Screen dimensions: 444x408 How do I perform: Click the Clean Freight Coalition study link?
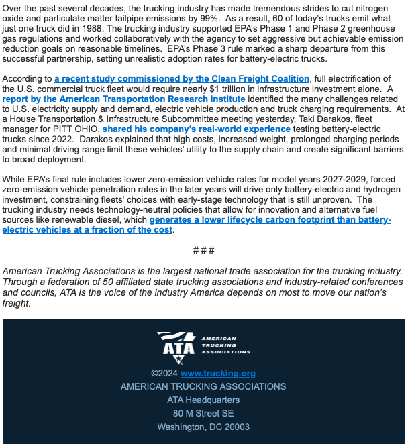point(182,79)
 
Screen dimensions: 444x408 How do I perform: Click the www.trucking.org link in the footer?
point(217,373)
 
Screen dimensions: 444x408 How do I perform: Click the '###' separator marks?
point(203,249)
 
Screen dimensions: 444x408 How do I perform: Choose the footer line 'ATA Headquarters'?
point(203,400)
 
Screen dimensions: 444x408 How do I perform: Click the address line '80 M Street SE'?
point(203,413)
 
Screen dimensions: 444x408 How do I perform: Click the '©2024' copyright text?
point(164,373)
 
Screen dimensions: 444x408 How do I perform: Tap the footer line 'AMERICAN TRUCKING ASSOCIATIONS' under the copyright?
point(203,386)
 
